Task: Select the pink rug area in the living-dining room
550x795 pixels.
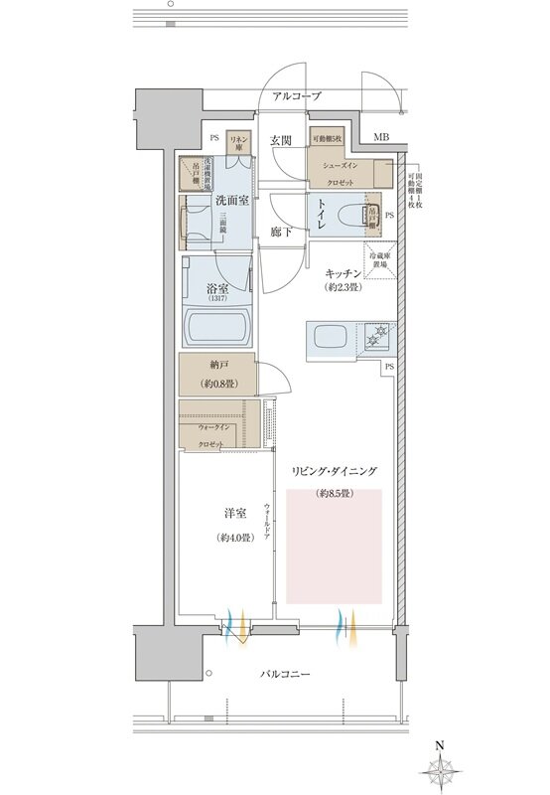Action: click(x=334, y=546)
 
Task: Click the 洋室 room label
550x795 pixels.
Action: click(x=234, y=514)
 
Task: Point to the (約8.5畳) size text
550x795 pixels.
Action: click(x=334, y=494)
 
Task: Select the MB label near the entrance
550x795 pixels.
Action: click(x=382, y=136)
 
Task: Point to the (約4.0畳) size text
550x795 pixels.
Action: click(x=234, y=539)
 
